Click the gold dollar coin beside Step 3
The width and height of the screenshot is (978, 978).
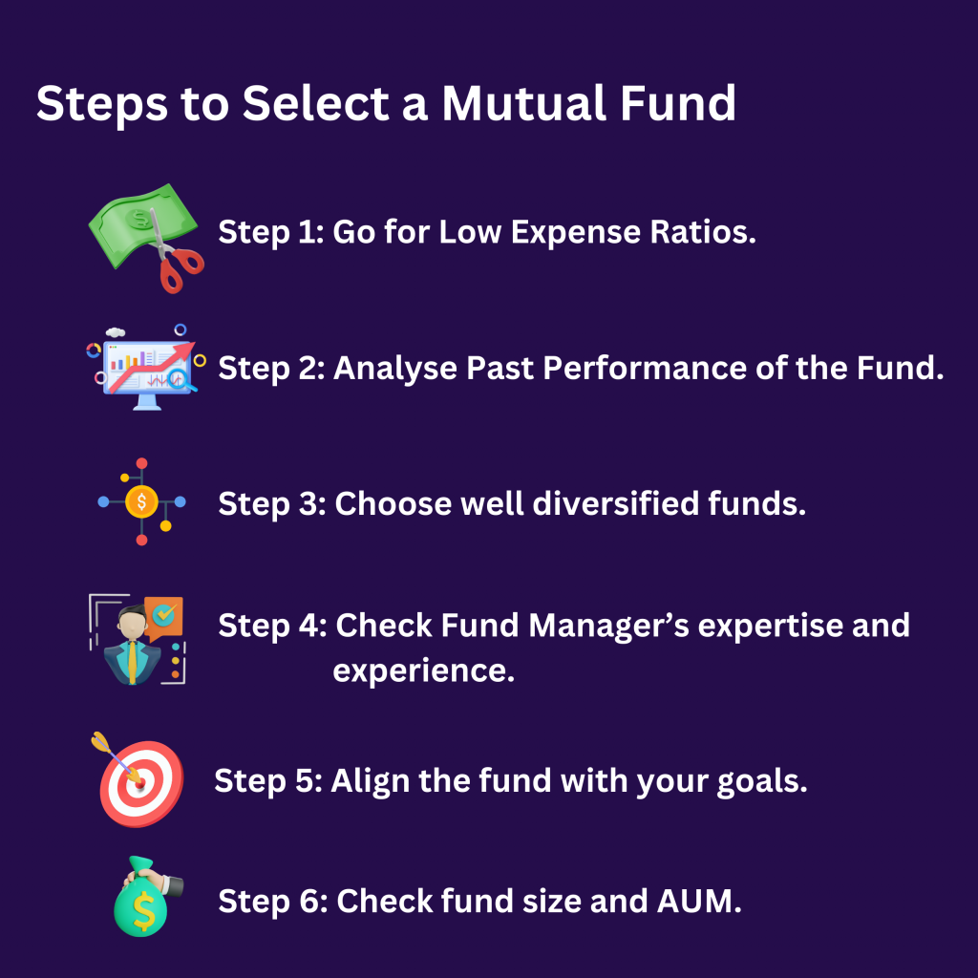coord(141,500)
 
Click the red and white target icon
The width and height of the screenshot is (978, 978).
coord(140,781)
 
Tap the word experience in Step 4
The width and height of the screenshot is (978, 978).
coord(423,670)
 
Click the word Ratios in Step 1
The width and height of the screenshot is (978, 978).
coord(702,232)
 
